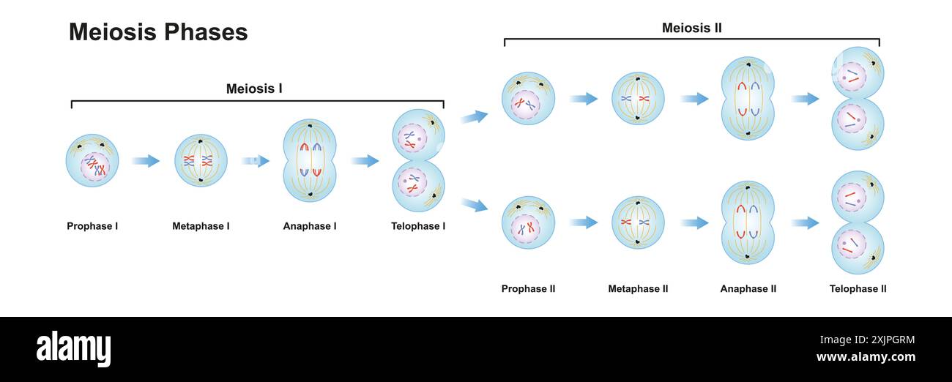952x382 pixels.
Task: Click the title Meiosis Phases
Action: click(x=158, y=32)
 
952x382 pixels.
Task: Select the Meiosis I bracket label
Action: click(x=254, y=89)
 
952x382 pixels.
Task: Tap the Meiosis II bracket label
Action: click(x=691, y=29)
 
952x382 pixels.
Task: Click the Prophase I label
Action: click(x=92, y=226)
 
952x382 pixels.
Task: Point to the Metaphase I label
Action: click(x=201, y=226)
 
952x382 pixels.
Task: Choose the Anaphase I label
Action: click(x=310, y=226)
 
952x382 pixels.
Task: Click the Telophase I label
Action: click(x=418, y=226)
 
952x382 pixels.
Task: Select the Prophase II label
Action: click(x=528, y=289)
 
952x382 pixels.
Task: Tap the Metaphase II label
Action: click(x=638, y=289)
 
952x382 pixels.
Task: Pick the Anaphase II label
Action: click(x=748, y=289)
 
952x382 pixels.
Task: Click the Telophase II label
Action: click(x=858, y=289)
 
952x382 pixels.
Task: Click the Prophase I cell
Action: click(x=92, y=160)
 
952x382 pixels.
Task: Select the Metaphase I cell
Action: click(x=201, y=160)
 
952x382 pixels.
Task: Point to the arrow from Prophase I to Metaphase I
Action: click(x=146, y=161)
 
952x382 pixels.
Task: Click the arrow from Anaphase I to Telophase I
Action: click(x=365, y=161)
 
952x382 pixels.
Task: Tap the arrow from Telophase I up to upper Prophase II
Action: click(x=475, y=117)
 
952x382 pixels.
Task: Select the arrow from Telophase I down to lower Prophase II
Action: click(x=475, y=205)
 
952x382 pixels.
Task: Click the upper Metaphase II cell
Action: click(x=638, y=98)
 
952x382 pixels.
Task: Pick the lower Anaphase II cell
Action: click(x=748, y=222)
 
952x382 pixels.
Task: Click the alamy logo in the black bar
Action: click(x=74, y=349)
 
